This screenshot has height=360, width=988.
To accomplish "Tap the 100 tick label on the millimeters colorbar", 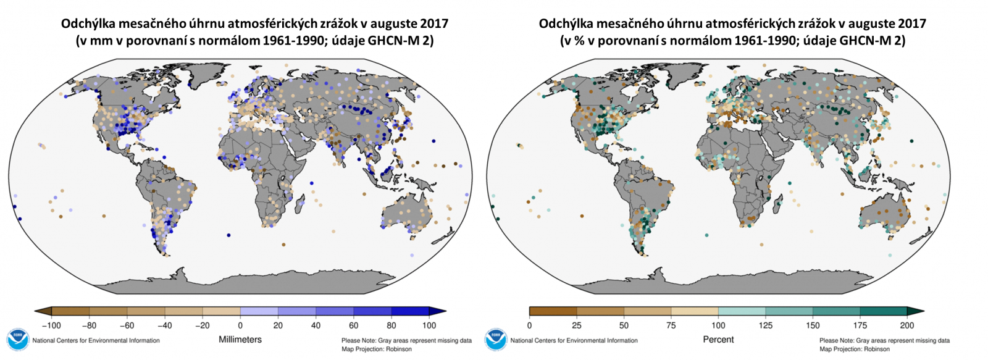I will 429,325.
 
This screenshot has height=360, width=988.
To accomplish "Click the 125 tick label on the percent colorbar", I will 766,325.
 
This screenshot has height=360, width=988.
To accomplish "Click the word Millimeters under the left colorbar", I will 240,340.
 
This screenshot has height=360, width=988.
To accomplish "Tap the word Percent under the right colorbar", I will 718,340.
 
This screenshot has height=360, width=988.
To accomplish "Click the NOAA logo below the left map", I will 17,340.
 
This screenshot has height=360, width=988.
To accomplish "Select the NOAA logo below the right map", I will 495,340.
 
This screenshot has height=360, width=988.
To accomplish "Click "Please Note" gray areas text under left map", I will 406,341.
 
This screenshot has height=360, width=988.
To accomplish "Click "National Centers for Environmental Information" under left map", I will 96,340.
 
